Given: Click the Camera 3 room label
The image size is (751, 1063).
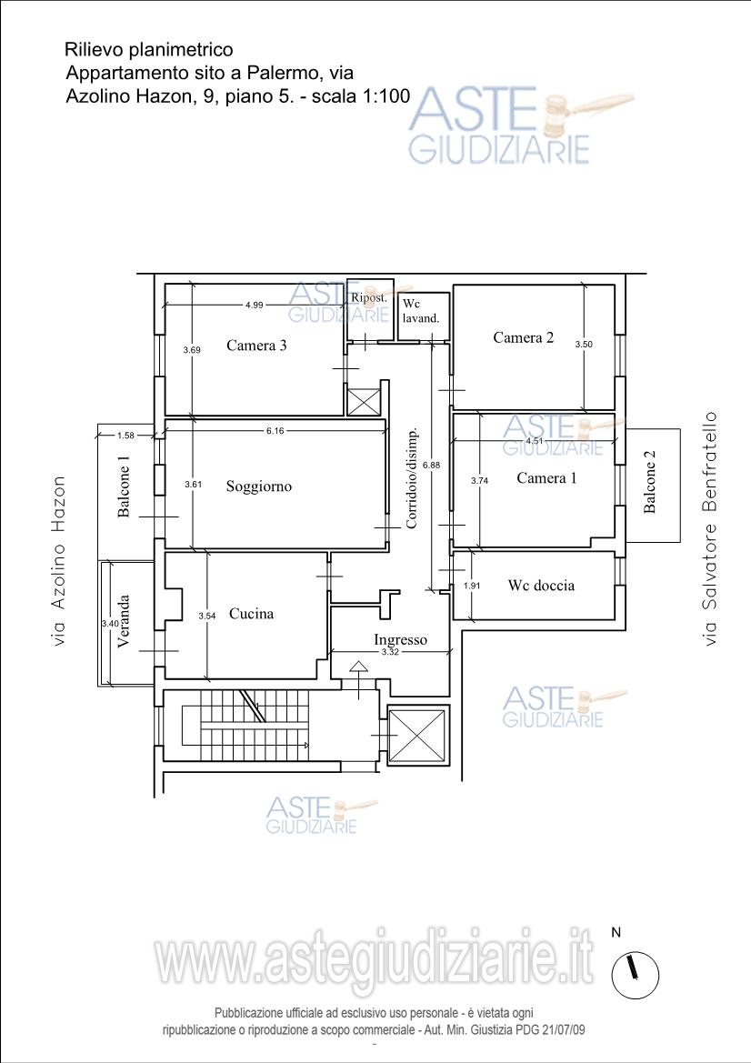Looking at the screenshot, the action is click(256, 345).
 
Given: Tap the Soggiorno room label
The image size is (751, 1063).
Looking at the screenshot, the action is click(259, 486).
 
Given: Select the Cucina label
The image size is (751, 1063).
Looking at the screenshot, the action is click(252, 614).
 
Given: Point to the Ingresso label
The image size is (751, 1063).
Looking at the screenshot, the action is click(401, 639).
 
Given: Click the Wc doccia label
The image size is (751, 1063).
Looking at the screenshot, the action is click(541, 585).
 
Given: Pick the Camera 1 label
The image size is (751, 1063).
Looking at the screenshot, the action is click(546, 478).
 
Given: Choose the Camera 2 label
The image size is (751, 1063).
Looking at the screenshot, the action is click(524, 337).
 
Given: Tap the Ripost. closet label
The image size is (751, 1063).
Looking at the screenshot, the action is click(369, 297).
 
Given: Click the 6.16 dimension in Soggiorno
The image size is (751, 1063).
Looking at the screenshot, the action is click(275, 430).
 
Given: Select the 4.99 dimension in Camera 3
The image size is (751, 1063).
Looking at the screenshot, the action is click(255, 305).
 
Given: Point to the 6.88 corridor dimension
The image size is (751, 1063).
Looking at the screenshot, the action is click(431, 465).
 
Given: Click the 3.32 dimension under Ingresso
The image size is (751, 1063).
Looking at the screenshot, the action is click(390, 652).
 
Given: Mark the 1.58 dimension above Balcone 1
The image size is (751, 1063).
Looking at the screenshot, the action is click(126, 436).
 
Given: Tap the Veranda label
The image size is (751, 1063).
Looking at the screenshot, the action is click(124, 622).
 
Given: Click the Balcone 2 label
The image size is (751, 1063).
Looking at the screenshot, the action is click(649, 482).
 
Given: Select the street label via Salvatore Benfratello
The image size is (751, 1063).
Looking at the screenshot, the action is click(709, 529).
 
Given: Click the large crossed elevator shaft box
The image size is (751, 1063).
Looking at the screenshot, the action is click(418, 736).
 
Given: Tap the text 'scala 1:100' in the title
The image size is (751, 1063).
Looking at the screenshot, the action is click(361, 96).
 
